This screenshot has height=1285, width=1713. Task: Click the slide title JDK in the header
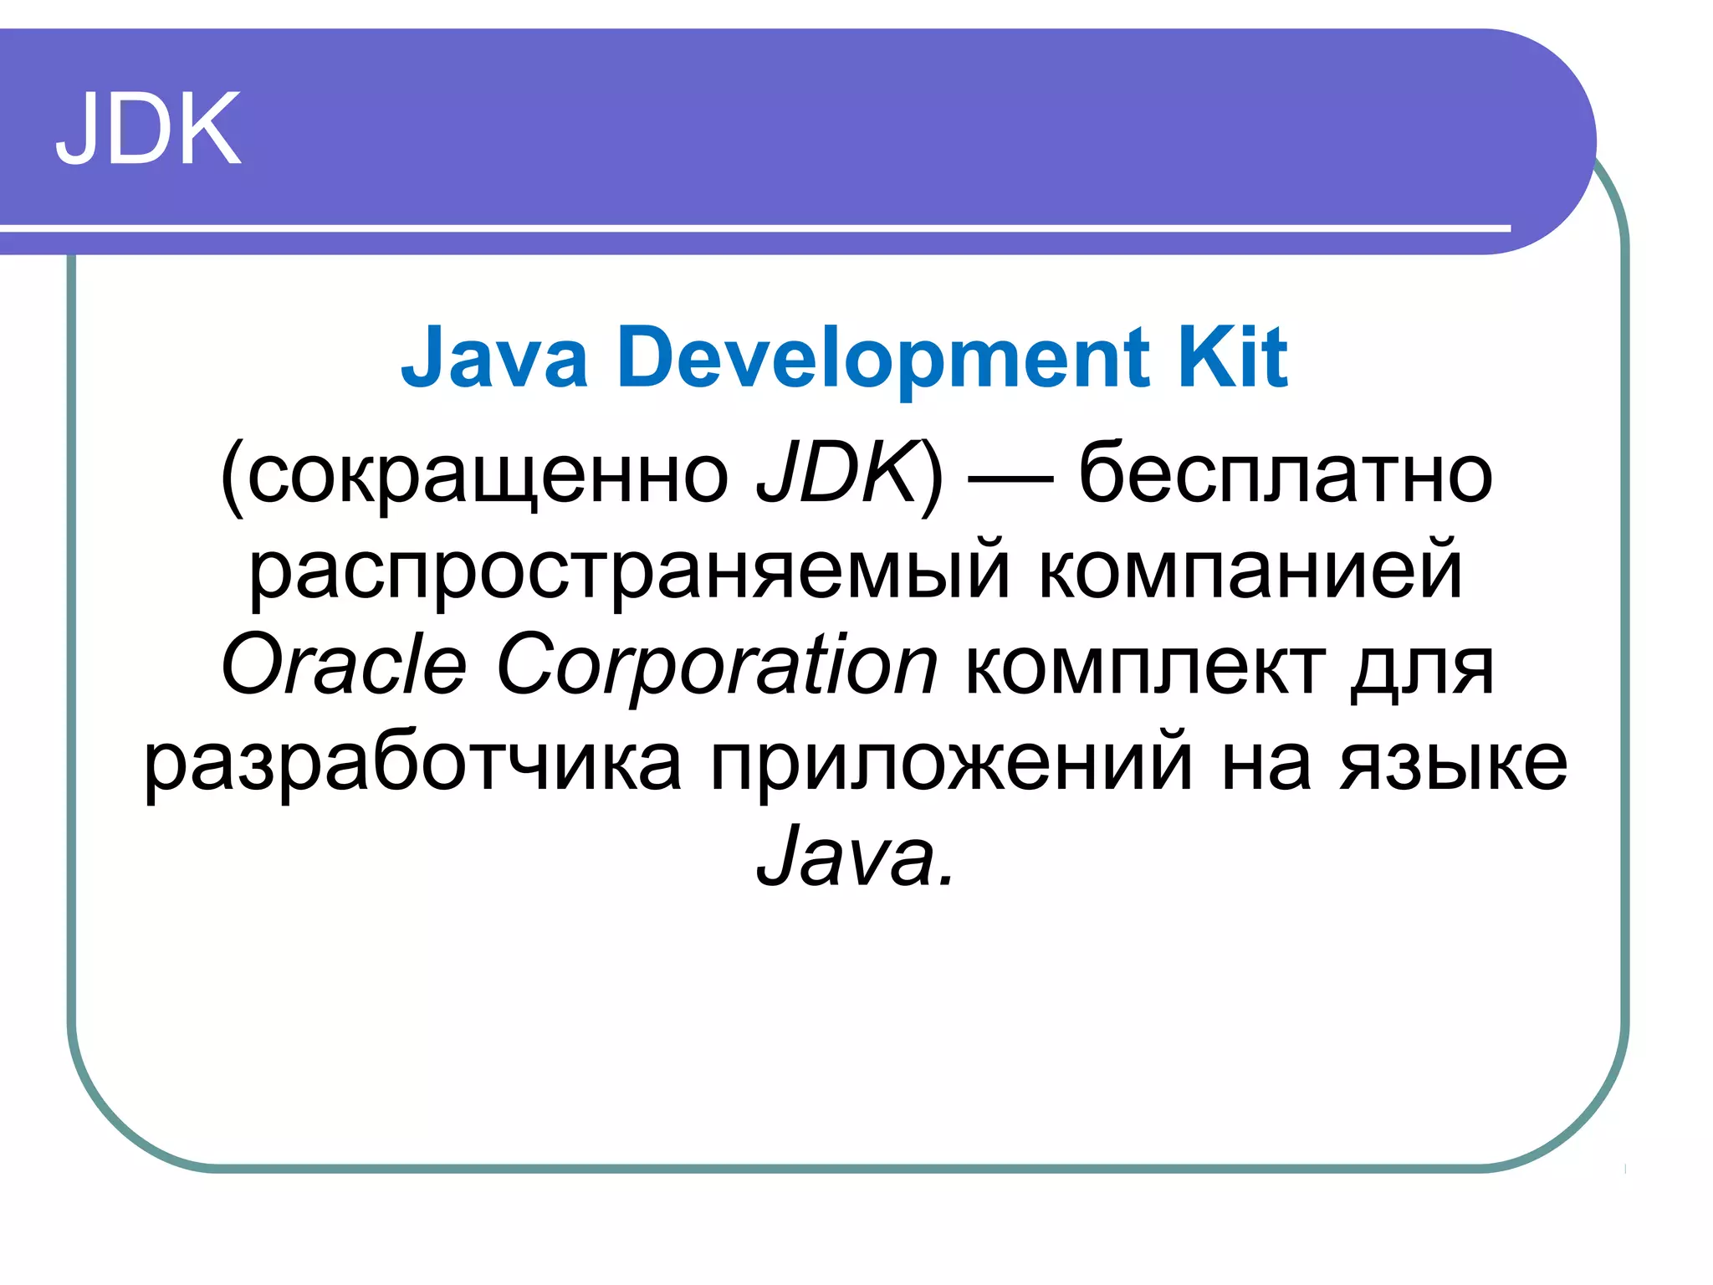(x=149, y=130)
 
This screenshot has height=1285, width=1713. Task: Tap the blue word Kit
(x=1233, y=358)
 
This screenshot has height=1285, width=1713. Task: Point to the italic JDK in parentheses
(x=836, y=472)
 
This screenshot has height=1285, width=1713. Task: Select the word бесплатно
(x=1286, y=474)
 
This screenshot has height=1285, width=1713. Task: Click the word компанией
(x=1250, y=571)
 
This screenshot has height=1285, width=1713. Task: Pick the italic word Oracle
(x=344, y=665)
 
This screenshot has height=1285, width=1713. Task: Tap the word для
(x=1423, y=669)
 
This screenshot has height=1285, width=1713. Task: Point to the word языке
(x=1454, y=764)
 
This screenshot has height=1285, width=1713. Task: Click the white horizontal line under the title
(x=753, y=228)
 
